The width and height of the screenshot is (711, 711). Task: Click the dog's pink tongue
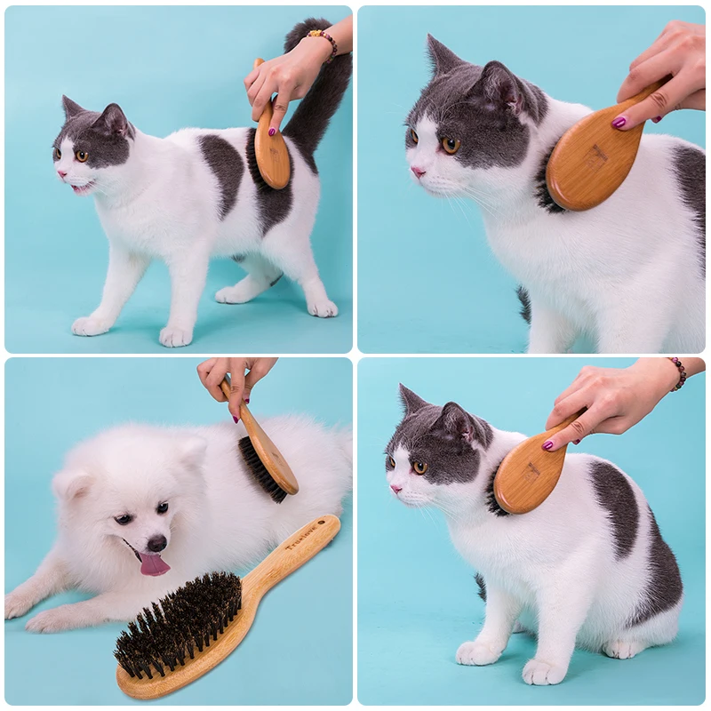(x=153, y=563)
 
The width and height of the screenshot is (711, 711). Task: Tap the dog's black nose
(x=156, y=542)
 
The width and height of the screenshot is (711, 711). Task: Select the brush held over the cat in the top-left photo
(x=271, y=147)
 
